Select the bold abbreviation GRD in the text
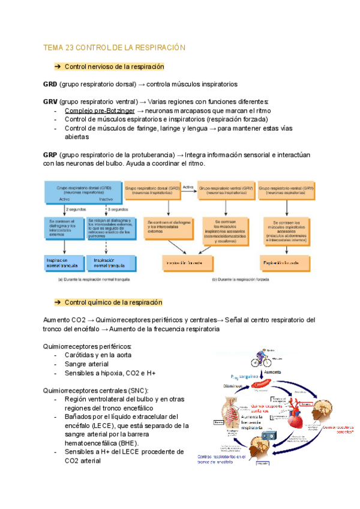[x=50, y=84]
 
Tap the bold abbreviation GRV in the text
[x=50, y=101]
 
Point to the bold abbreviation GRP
[x=50, y=154]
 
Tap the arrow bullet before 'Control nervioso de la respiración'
[x=58, y=66]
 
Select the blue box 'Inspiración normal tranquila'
[x=63, y=263]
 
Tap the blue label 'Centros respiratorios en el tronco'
[x=226, y=460]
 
